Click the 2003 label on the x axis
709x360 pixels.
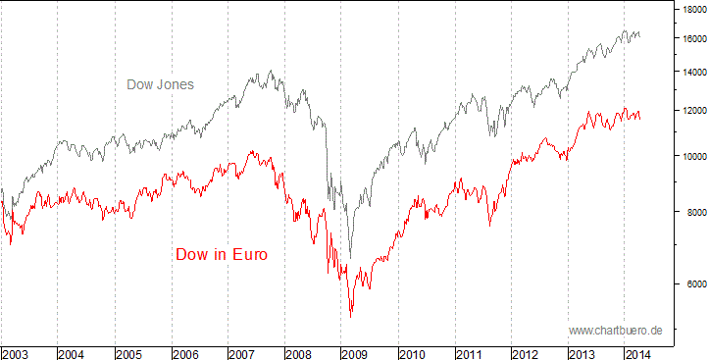tap(16, 351)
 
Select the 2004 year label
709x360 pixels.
tap(73, 351)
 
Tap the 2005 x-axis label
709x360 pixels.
tap(129, 351)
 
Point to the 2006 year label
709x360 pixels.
tap(186, 351)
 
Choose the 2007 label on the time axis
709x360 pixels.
tap(243, 351)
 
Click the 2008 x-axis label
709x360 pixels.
tap(300, 351)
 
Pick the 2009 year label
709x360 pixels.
tap(357, 351)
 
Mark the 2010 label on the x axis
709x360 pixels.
tap(414, 351)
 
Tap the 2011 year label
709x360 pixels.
tap(471, 351)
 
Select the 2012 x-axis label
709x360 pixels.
tap(528, 351)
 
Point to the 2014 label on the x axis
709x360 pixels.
tap(638, 351)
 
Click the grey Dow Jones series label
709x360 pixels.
tap(160, 84)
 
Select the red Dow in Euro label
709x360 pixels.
tap(222, 255)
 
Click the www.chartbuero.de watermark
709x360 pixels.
tap(615, 331)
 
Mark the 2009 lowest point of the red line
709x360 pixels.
tap(351, 315)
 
